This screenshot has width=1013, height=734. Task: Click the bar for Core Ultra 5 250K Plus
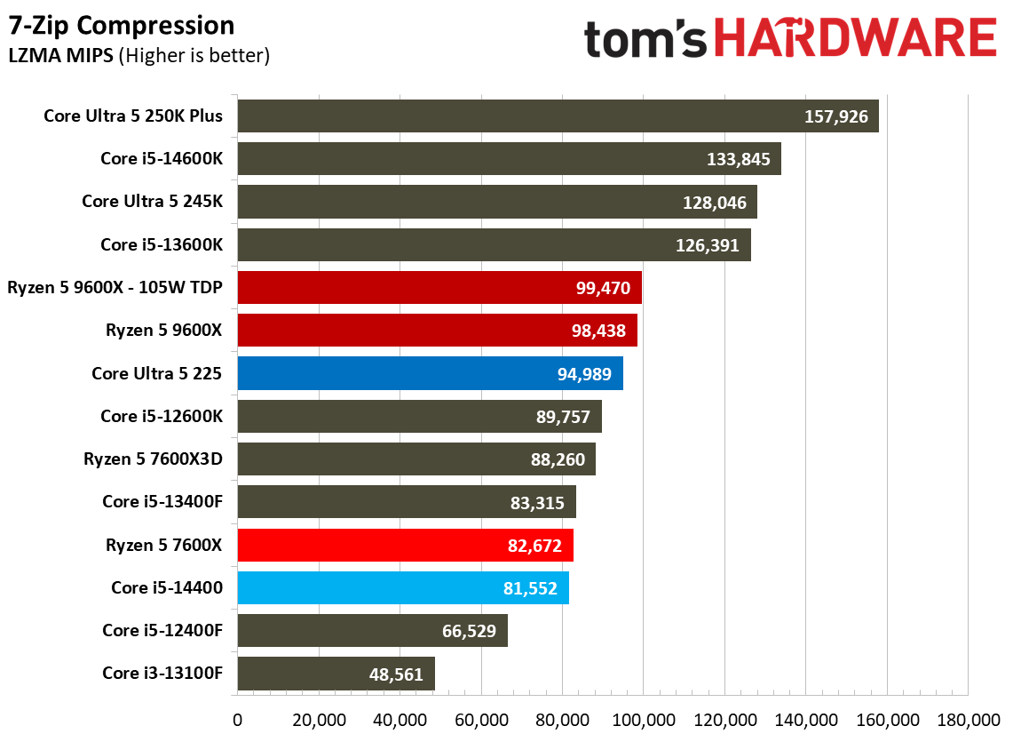click(558, 116)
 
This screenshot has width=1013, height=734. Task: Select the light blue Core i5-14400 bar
click(403, 588)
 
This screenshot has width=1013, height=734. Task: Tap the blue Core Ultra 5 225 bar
click(431, 373)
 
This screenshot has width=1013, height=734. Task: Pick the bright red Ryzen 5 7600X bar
click(406, 545)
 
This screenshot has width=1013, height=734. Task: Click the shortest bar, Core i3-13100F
click(336, 674)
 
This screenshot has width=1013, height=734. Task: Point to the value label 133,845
click(739, 159)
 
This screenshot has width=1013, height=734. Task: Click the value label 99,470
click(603, 288)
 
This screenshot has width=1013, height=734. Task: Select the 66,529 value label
click(469, 631)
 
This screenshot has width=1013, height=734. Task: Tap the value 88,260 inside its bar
click(558, 459)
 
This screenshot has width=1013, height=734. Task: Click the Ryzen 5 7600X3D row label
click(153, 459)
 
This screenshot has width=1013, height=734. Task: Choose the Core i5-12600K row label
click(162, 416)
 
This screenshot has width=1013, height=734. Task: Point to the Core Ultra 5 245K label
click(153, 201)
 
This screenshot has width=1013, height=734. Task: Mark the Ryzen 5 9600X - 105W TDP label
click(115, 287)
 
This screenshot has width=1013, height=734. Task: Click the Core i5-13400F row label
click(162, 502)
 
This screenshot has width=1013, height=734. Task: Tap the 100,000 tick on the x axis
click(644, 720)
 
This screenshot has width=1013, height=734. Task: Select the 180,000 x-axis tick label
click(969, 720)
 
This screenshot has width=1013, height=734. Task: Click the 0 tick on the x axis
click(238, 720)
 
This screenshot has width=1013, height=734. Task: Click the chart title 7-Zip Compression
click(122, 26)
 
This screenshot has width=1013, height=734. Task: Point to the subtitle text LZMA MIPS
click(60, 56)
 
